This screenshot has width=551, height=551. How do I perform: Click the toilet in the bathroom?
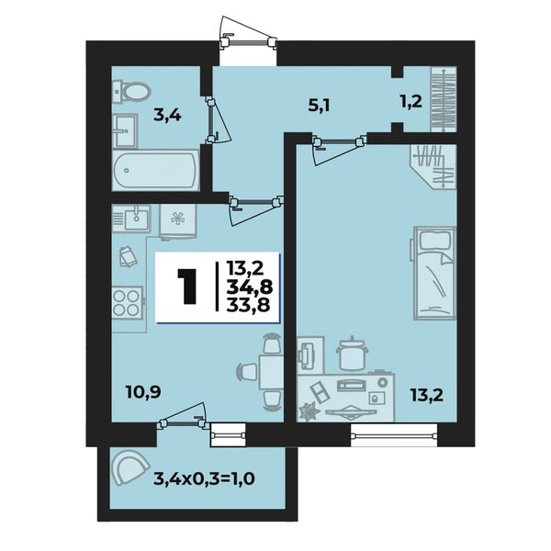coord(131,92)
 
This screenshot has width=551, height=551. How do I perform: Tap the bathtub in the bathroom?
coord(156,171)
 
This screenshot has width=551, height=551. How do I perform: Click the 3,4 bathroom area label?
coord(167,116)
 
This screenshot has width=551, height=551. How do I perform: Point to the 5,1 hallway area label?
coord(319,105)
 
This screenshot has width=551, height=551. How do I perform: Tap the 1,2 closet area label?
coord(410,102)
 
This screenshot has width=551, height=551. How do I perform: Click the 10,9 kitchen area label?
coord(143,392)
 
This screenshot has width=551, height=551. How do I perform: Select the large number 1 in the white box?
coord(187,287)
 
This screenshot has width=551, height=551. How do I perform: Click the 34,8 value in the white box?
coord(249,287)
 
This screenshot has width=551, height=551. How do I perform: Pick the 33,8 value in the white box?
coord(248,305)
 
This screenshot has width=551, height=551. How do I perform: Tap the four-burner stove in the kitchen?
coord(128,302)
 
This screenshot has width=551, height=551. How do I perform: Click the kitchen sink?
coord(131,219)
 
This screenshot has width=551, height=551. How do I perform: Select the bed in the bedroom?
coord(434,274)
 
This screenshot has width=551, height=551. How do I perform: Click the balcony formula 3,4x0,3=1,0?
coord(204,478)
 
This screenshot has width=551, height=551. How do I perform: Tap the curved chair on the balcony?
coord(129,467)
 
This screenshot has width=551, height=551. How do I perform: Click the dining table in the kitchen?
coord(271,371)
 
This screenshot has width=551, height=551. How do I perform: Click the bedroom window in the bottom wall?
coord(394,434)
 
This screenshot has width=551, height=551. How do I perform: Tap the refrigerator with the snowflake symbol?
coord(178,221)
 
